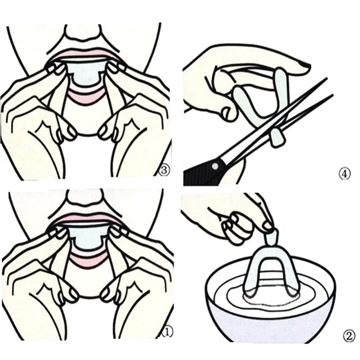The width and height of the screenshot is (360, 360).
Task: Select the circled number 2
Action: coord(347,337)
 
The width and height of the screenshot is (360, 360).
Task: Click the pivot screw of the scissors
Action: coord(215,166)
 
